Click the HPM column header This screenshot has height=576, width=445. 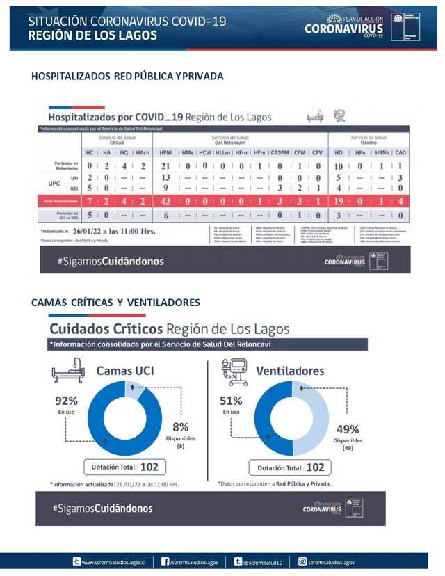[165, 152]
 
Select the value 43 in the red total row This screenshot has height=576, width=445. [165, 201]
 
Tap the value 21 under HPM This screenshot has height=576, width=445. [165, 166]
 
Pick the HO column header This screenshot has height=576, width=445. [339, 152]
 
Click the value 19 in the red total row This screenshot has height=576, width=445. [339, 201]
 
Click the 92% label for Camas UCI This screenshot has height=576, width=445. [66, 401]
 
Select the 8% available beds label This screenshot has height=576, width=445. [180, 427]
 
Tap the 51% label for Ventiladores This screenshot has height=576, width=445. [232, 401]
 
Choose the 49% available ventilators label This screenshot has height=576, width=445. [348, 429]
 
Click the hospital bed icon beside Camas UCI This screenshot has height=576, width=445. [68, 371]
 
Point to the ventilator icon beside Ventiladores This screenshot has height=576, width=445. [234, 371]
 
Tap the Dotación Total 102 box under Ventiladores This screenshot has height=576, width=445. [291, 468]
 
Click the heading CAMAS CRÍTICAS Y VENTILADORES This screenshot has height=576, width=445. [115, 302]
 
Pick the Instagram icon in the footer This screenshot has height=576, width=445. [302, 561]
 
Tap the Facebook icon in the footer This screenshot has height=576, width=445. [165, 561]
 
